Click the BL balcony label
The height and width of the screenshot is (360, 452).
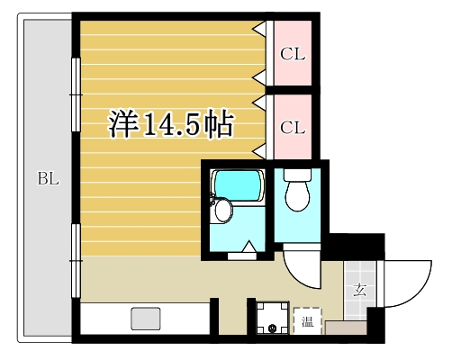(x=49, y=179)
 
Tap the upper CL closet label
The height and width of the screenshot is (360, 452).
(x=293, y=54)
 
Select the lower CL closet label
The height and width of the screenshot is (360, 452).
(x=293, y=128)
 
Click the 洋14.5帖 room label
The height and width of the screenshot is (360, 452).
(x=171, y=123)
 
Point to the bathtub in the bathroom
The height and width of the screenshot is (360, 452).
(x=238, y=185)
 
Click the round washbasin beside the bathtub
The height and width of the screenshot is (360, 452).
(x=223, y=210)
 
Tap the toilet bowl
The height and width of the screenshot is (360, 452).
(x=297, y=195)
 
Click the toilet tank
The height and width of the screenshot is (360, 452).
(x=297, y=175)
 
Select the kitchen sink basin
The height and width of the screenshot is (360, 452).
(x=146, y=319)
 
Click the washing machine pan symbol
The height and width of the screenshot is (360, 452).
(x=273, y=318)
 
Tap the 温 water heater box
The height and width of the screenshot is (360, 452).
(x=308, y=321)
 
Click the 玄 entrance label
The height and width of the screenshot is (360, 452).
(x=359, y=291)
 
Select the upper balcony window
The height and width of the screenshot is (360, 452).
(x=76, y=94)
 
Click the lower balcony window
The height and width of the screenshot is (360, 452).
(x=76, y=261)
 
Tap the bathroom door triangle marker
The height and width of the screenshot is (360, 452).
(x=249, y=247)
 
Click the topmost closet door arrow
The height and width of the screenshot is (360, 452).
(x=260, y=29)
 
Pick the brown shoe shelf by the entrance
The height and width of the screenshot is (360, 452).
(x=346, y=328)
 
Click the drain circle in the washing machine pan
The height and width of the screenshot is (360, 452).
(x=273, y=328)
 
